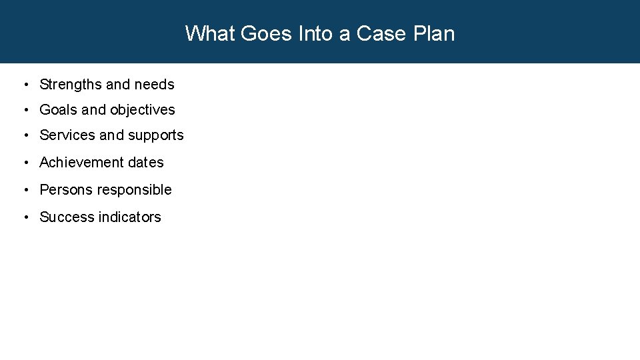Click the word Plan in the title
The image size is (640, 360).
click(x=434, y=33)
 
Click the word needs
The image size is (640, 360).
click(x=154, y=85)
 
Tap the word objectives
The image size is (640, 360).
click(x=143, y=110)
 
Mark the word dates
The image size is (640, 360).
click(x=147, y=163)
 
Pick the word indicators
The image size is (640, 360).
click(x=130, y=217)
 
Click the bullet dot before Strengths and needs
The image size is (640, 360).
click(x=25, y=85)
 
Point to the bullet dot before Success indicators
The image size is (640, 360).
click(x=25, y=217)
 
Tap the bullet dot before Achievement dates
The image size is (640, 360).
click(x=25, y=163)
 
